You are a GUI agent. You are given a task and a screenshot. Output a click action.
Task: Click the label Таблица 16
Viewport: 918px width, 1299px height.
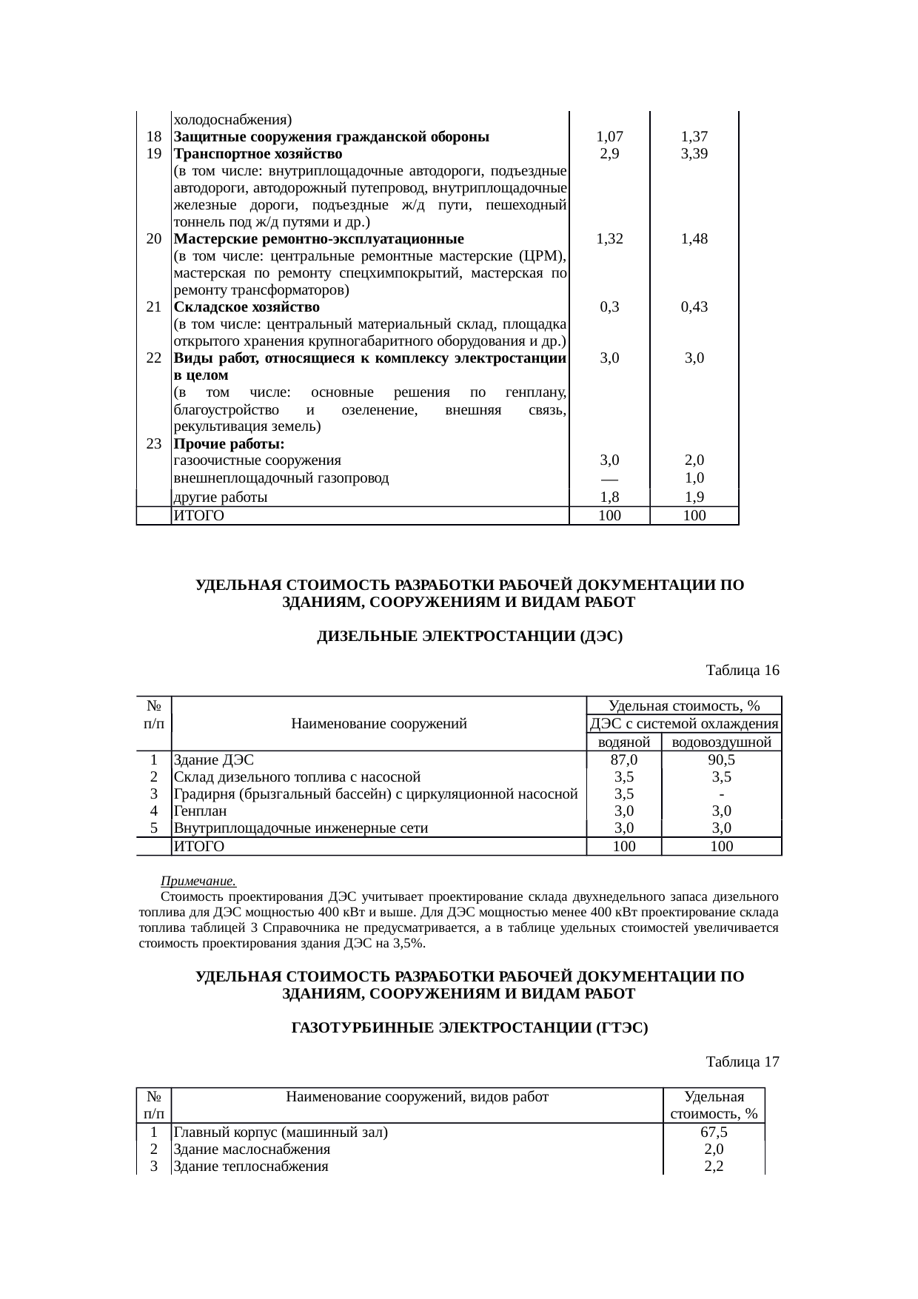tap(743, 671)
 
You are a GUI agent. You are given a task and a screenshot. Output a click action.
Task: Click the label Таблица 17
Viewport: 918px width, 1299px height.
tap(743, 1062)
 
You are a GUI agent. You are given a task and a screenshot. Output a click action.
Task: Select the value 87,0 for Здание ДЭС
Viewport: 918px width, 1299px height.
tap(623, 760)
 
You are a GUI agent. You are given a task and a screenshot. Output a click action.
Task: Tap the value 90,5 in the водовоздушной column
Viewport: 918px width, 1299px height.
tap(721, 760)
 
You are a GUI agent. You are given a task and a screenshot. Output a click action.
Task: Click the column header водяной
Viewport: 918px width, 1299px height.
tap(623, 742)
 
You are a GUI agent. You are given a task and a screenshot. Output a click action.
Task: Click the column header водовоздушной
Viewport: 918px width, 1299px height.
tap(721, 742)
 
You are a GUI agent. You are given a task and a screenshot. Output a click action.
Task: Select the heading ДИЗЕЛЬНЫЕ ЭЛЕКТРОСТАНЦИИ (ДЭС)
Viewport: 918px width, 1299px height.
tap(469, 637)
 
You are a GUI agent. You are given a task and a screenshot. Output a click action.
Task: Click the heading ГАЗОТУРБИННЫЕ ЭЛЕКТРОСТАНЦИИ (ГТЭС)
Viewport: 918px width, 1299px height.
tap(469, 1028)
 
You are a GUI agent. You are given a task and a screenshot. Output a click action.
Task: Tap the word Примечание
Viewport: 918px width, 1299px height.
tap(198, 882)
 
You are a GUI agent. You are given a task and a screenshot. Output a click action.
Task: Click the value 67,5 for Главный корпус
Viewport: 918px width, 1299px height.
tap(714, 1132)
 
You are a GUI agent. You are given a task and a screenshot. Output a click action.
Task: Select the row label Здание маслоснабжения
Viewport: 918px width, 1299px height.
tap(252, 1149)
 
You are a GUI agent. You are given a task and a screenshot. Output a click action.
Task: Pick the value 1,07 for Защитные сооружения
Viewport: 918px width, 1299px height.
tap(609, 137)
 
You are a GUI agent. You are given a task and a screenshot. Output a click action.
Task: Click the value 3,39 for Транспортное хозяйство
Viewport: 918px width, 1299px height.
tap(694, 154)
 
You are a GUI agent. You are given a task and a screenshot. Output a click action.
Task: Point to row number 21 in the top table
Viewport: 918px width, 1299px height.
tap(154, 307)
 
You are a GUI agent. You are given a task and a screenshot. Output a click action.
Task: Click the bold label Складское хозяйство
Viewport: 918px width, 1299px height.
tap(247, 307)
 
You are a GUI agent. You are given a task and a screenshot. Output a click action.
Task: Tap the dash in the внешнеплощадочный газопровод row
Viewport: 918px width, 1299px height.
tap(609, 478)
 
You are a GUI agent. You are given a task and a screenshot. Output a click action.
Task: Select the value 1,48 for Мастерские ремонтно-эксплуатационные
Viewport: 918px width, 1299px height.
tap(694, 239)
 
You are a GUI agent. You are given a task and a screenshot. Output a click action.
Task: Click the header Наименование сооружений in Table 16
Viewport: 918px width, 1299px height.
tap(379, 724)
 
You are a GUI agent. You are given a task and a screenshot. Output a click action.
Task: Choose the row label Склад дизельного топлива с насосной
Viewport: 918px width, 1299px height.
tap(297, 777)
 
